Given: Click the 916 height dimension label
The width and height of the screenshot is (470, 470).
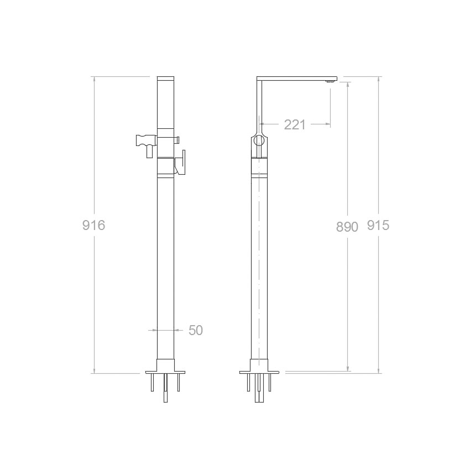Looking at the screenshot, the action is coord(94,225).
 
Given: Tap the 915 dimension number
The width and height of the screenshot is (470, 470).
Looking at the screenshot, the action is coord(378,225).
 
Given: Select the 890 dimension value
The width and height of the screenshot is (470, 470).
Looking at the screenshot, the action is coord(347,227).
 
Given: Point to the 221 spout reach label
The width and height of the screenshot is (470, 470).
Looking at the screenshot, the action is coord(295,125).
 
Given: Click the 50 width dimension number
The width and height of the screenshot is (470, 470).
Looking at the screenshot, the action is coord(196,330).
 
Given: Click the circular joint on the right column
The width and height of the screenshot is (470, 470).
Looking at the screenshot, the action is coord(259,140).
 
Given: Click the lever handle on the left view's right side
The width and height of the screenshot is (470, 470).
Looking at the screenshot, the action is coord(181,162).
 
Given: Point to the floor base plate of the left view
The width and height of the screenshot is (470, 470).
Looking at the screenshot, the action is coord(165,372).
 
